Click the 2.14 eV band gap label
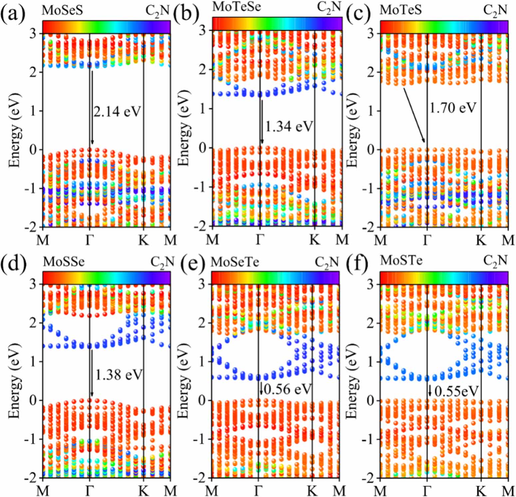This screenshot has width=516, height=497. point(117,111)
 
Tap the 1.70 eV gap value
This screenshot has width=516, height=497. point(453,108)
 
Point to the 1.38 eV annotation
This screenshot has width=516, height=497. point(119,375)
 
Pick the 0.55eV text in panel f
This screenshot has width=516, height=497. point(456,391)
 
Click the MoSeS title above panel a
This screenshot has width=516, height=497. point(62,11)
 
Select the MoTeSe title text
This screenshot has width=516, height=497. point(237,7)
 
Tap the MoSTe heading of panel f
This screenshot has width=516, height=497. point(401,260)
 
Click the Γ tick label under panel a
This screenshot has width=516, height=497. point(89,240)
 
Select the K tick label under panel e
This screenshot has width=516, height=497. point(312,490)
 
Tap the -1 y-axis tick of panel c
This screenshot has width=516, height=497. point(370,188)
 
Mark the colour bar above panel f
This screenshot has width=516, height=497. point(444,278)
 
